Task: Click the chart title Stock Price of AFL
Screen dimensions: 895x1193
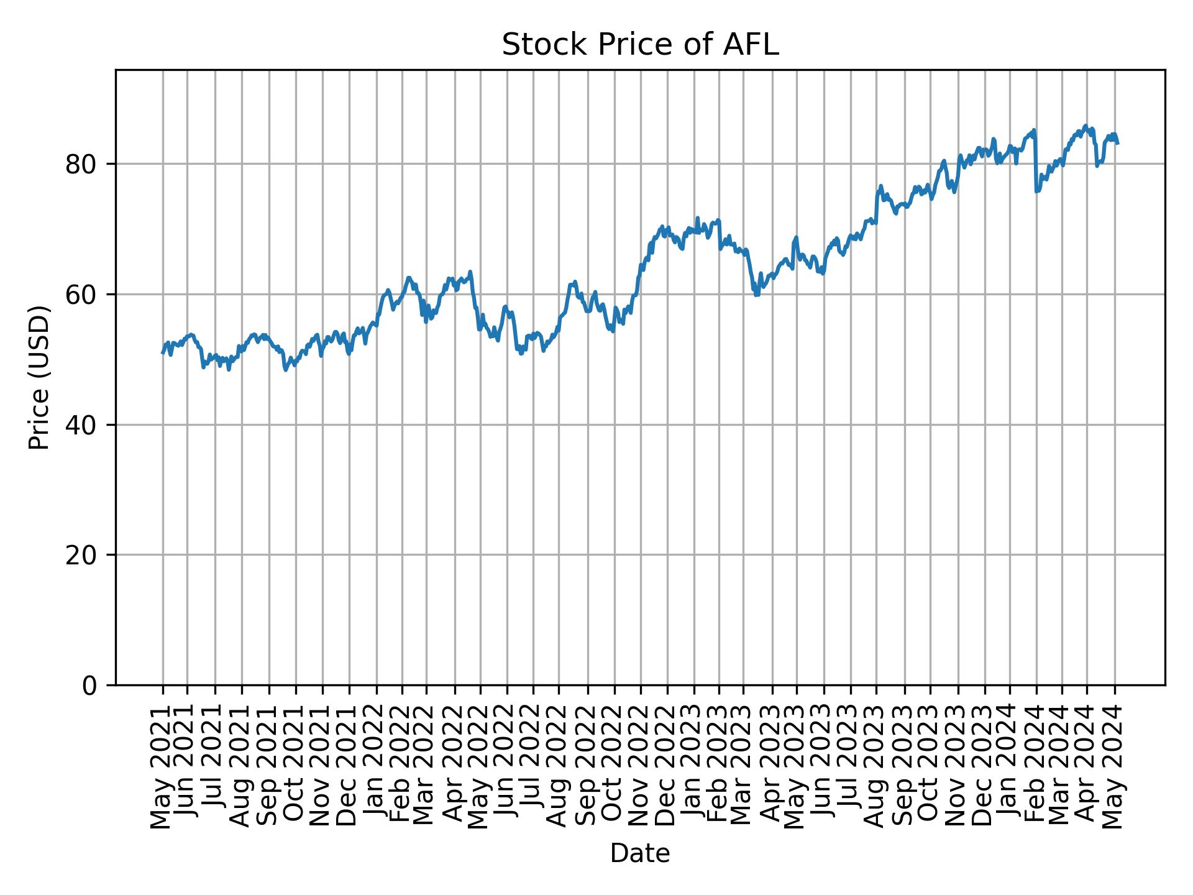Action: point(640,45)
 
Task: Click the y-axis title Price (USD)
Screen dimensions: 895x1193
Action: point(39,377)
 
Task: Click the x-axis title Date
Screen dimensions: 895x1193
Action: point(640,853)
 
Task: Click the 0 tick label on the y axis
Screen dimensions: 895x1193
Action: point(91,686)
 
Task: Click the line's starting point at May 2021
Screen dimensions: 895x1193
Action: point(163,353)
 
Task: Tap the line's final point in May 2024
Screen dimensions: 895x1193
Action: point(1118,144)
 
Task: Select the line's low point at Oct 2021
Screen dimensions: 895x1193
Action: point(286,370)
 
